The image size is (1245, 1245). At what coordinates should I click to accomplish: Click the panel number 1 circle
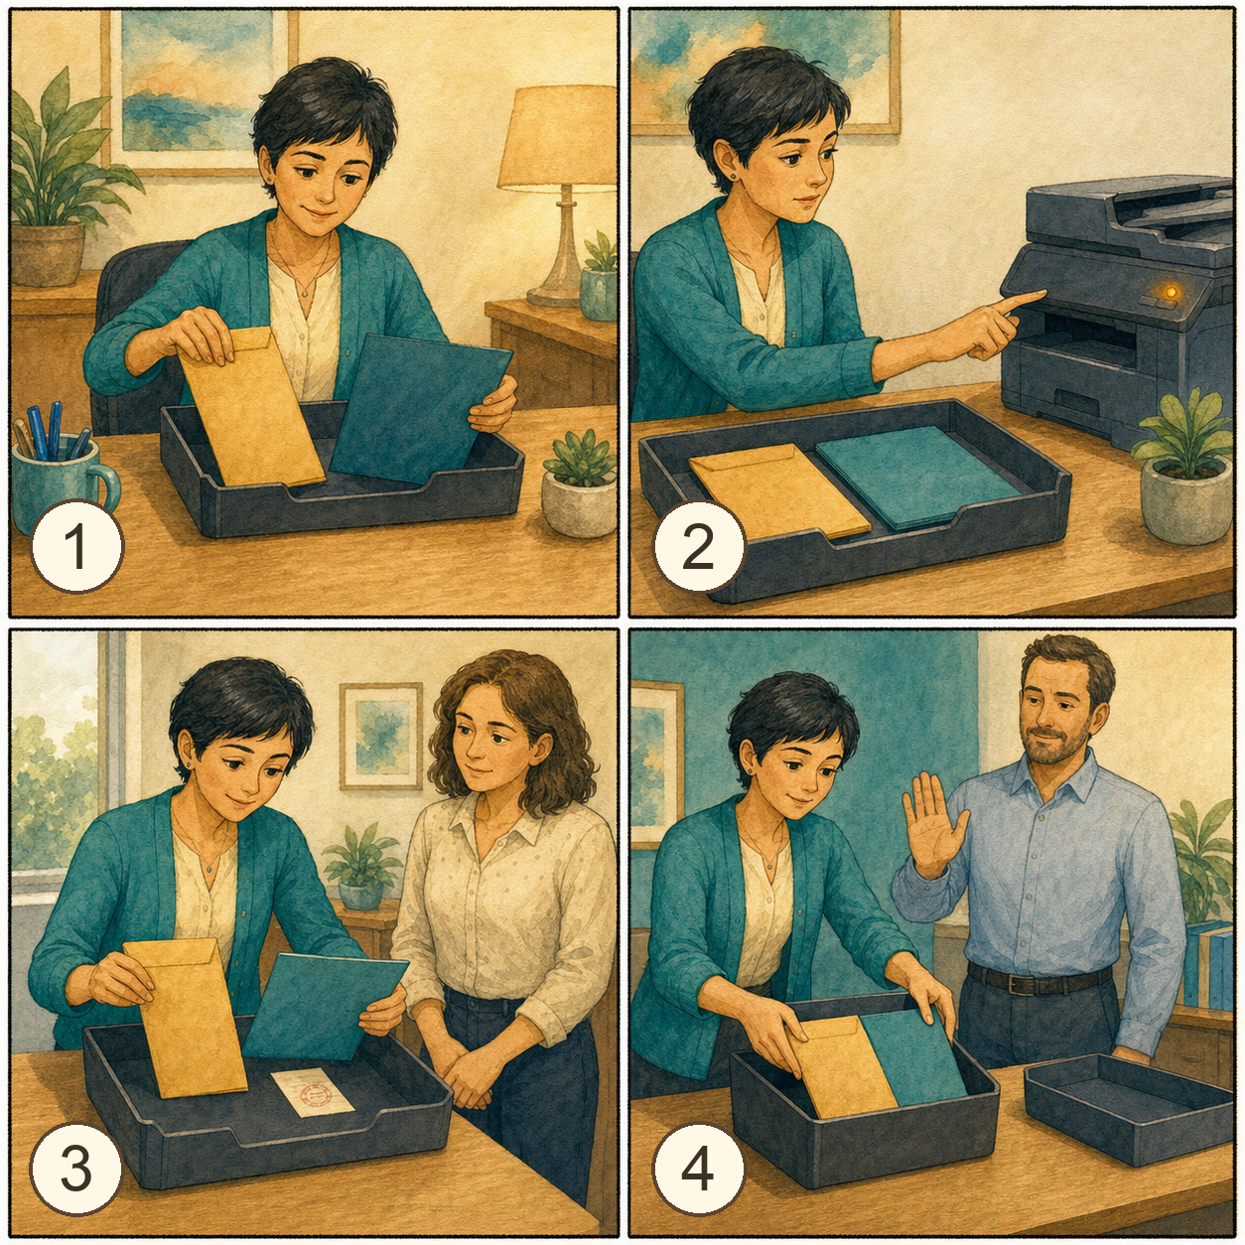coord(76,546)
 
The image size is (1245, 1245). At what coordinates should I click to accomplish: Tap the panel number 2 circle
coord(700,548)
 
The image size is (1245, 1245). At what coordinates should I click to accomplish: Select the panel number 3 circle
coord(76,1169)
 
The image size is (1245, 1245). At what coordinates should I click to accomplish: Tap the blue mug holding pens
coord(62,482)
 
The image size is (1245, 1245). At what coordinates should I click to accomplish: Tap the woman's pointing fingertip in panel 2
coord(1040,294)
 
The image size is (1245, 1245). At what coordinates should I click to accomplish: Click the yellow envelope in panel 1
coord(250,407)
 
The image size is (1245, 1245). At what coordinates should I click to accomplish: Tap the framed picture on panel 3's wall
coord(381,737)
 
